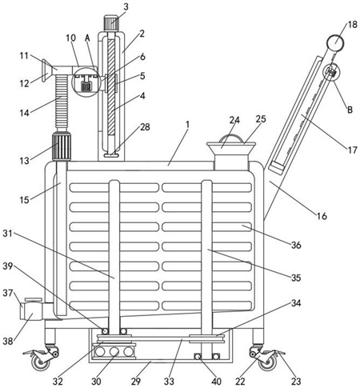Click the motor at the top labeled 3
coord(110,23)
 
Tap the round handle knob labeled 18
coord(335,42)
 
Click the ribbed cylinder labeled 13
coord(62,146)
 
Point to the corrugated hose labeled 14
coord(62,102)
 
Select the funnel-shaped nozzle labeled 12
coord(45,70)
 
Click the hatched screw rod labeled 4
coord(111,86)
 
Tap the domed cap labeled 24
coord(231,138)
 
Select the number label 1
coord(187,125)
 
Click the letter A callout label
coord(87,38)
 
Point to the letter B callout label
coord(350,110)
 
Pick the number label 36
coord(296,245)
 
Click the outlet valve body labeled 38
coord(31,310)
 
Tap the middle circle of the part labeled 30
coord(114,352)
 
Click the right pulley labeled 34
coord(207,338)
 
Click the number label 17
coord(352,150)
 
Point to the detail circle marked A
coord(86,82)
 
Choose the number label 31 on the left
coord(8,234)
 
